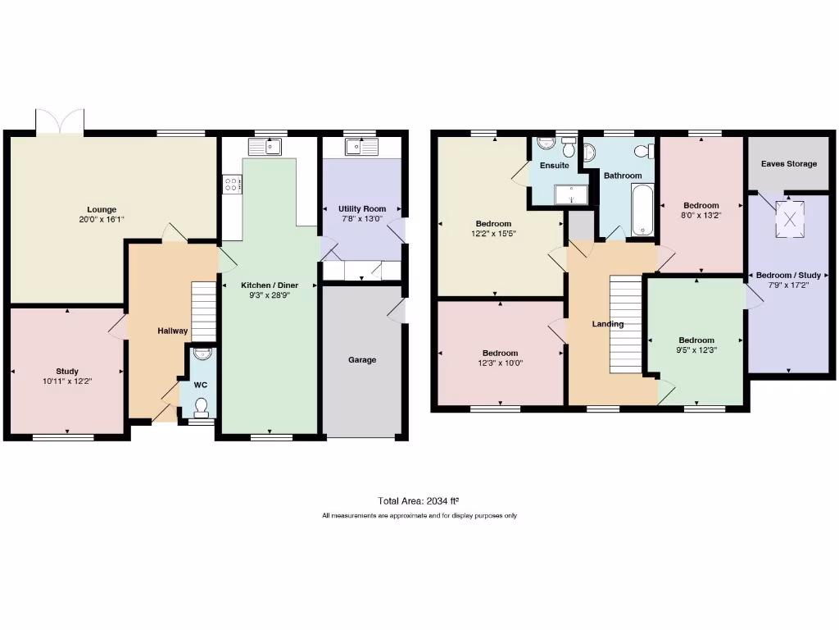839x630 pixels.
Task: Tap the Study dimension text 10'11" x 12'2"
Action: tap(67, 381)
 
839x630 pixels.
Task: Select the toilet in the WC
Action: tap(202, 404)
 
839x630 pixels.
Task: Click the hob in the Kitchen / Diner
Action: tap(230, 185)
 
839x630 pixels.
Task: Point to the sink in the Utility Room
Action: tap(361, 148)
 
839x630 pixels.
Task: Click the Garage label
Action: tap(362, 359)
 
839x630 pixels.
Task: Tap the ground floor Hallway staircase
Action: tap(202, 311)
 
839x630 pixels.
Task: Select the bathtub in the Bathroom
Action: tap(642, 209)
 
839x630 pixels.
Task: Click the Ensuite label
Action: tap(554, 166)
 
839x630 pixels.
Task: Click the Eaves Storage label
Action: tap(788, 164)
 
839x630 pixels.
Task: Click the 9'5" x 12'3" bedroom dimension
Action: tap(696, 350)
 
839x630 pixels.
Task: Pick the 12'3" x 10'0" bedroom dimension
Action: tap(500, 363)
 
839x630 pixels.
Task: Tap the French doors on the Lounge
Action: tap(59, 121)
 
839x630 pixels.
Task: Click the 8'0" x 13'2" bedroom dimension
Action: tap(701, 217)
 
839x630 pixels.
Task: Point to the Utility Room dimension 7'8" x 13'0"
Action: tap(361, 220)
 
